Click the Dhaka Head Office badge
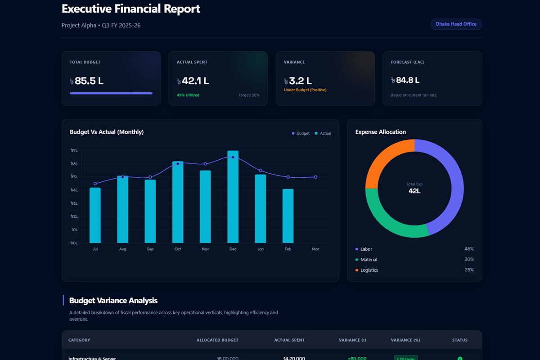tap(456, 24)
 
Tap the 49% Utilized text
tap(188, 95)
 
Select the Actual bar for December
tap(233, 198)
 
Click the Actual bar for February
tap(288, 216)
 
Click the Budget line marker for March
tap(315, 177)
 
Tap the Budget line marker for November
tap(205, 164)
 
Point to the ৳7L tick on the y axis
tap(74, 151)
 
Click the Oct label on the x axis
tap(178, 249)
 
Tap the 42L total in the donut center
tap(414, 191)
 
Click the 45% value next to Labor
tap(469, 249)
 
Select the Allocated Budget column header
tap(217, 340)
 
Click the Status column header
tap(459, 340)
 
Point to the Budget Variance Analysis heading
tap(113, 301)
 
